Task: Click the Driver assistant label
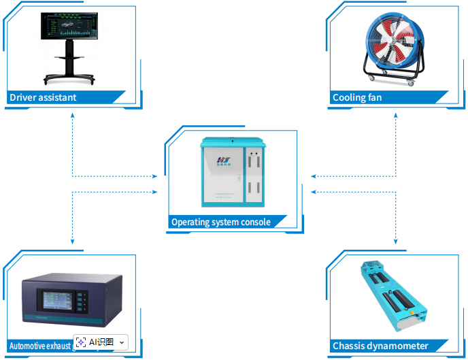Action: click(43, 97)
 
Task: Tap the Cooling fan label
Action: click(357, 97)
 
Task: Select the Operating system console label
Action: click(220, 222)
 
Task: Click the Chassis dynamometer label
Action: click(380, 346)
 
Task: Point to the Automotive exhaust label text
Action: click(37, 346)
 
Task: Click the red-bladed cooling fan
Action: click(388, 41)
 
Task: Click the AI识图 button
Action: click(95, 342)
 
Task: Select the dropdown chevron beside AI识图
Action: click(122, 342)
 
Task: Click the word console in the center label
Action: click(255, 222)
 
